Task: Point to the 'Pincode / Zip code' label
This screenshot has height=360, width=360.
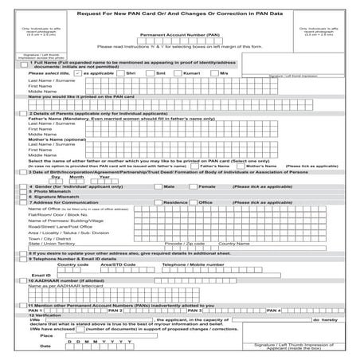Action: click(x=182, y=243)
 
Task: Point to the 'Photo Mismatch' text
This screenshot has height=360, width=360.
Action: click(x=51, y=190)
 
